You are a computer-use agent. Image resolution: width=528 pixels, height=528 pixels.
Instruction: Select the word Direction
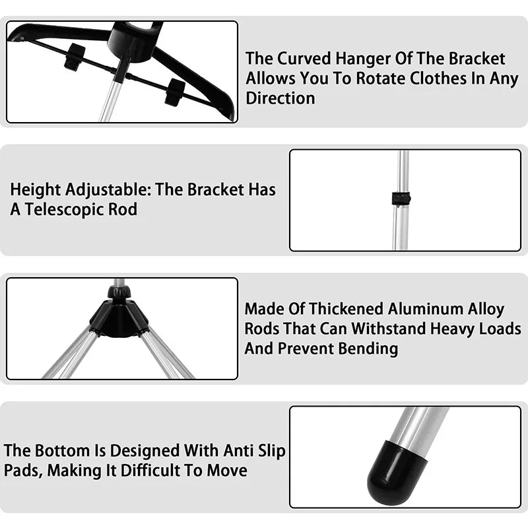(280, 98)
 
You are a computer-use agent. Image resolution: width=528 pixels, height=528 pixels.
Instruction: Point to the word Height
(35, 190)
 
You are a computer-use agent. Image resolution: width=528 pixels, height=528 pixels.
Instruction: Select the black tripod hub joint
(119, 316)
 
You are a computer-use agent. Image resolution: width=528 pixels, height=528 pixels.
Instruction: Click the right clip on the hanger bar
(174, 91)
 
